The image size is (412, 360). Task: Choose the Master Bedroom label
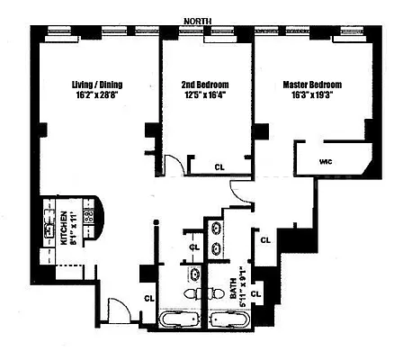coord(312,85)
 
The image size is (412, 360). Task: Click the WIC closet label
coord(327,162)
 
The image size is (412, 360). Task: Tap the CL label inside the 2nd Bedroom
coord(220,166)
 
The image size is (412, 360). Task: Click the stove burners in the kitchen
coord(89,217)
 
